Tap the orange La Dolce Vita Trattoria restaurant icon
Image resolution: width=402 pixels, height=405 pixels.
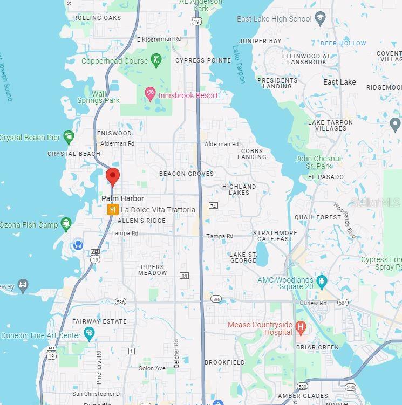(x=113, y=210)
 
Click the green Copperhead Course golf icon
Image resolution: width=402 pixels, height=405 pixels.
(x=156, y=60)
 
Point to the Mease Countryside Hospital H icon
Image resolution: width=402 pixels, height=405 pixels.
(x=301, y=327)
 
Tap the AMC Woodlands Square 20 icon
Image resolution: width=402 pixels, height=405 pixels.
(x=322, y=280)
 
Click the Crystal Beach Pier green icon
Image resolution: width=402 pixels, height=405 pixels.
(x=69, y=137)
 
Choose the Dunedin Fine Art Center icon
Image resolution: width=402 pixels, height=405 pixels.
(x=89, y=334)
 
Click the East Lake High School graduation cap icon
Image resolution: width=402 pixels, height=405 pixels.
(x=320, y=19)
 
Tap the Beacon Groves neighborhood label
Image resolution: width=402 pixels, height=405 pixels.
(x=186, y=174)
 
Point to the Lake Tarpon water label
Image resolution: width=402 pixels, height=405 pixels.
(x=239, y=64)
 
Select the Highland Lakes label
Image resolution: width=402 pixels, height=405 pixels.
(x=239, y=189)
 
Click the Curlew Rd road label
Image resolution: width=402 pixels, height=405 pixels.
(x=316, y=304)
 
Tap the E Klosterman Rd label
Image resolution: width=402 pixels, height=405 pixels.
(x=159, y=39)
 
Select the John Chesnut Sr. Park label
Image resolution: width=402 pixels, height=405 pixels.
(x=318, y=162)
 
